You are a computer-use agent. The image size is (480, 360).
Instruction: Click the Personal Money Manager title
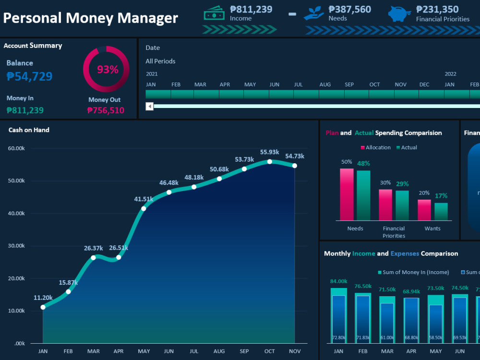[x=90, y=18]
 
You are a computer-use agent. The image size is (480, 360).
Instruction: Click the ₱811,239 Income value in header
[x=251, y=9]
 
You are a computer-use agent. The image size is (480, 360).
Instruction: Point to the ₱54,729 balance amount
[x=30, y=76]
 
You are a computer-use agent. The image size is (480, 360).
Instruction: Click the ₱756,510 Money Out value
[x=106, y=110]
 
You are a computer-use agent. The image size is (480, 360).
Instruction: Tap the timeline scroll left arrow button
[x=150, y=106]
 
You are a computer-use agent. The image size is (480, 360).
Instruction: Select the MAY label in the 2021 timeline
[x=250, y=84]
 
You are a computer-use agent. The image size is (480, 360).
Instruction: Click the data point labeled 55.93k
[x=270, y=162]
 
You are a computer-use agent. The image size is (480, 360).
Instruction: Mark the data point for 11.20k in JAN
[x=43, y=307]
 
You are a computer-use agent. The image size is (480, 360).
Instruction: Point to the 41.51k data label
[x=144, y=199]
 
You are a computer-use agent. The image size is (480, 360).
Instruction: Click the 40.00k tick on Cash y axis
[x=16, y=213]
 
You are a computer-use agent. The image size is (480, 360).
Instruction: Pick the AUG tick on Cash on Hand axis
[x=219, y=351]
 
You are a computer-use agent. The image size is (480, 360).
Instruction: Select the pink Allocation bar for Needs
[x=347, y=194]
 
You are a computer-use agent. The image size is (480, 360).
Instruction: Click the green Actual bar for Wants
[x=441, y=211]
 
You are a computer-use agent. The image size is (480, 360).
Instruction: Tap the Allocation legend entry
[x=375, y=147]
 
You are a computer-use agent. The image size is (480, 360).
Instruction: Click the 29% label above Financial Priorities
[x=402, y=184]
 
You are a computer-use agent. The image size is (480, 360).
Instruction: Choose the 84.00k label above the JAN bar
[x=338, y=281]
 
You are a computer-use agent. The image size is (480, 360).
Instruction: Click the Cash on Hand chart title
[x=29, y=130]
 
